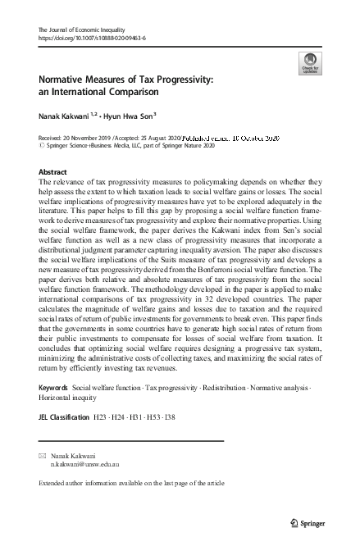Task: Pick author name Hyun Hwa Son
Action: click(x=121, y=117)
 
